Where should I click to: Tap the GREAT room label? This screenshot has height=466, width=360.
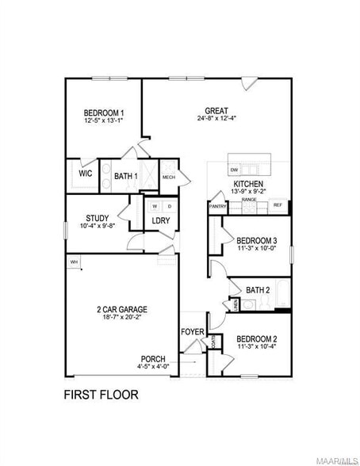[216, 110]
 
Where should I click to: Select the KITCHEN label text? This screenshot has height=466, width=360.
[247, 183]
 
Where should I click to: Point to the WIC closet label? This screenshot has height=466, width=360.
[86, 174]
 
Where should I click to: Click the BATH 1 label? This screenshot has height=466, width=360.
[125, 176]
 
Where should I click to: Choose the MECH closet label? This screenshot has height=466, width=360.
[168, 177]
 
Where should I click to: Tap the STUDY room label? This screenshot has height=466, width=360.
[98, 218]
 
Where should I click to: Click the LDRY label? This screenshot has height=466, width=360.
[161, 221]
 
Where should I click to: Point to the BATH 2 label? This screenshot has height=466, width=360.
[259, 289]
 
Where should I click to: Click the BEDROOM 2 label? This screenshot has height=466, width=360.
[256, 338]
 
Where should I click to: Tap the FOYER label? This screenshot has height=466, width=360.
[193, 331]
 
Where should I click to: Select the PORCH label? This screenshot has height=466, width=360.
[153, 358]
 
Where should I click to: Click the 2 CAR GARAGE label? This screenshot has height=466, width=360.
[122, 309]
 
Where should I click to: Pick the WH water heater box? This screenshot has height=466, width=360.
[74, 262]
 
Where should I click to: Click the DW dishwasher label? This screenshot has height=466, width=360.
[234, 170]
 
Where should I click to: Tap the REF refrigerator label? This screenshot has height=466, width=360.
[278, 204]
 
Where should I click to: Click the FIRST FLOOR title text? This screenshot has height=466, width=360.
[101, 394]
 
